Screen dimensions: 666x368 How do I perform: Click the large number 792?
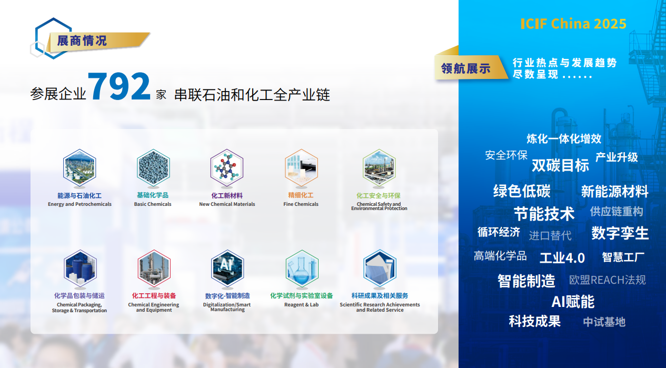[x=119, y=86]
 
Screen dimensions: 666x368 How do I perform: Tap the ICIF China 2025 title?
[x=573, y=24]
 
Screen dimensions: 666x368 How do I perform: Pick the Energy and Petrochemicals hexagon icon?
[x=79, y=168]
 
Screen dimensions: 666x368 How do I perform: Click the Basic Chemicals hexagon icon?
[x=153, y=168]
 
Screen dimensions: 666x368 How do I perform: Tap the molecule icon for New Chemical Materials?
[x=227, y=168]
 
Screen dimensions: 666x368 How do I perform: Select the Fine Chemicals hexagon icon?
[x=301, y=168]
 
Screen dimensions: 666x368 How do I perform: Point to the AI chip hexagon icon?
[x=227, y=268]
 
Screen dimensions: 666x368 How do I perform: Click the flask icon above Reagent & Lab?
[x=302, y=268]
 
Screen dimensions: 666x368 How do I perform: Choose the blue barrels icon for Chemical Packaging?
[x=80, y=268]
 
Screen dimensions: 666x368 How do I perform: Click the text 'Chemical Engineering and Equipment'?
[x=154, y=307]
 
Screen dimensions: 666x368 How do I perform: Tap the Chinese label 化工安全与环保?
[x=379, y=196]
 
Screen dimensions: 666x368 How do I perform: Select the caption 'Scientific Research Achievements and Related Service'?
[x=380, y=307]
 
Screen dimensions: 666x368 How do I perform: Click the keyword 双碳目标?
[x=560, y=165]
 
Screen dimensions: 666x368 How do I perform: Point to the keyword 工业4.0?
[x=562, y=258]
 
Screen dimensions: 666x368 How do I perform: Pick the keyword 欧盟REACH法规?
[x=608, y=280]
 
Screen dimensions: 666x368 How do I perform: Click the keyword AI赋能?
[x=573, y=302]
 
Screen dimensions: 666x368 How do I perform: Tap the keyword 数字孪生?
[x=620, y=233]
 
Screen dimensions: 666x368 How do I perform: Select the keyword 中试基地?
[x=604, y=322]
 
